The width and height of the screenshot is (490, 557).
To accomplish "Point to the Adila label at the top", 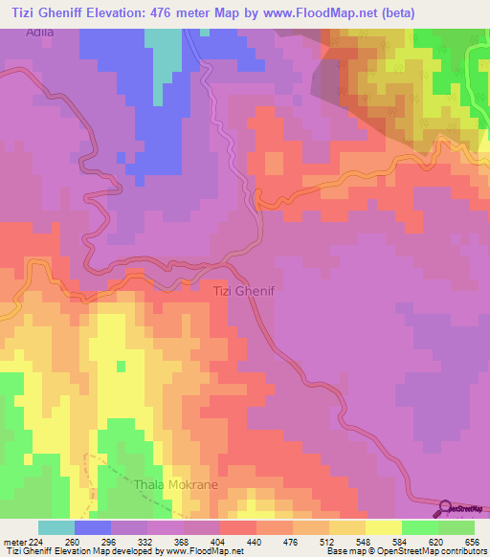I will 42,31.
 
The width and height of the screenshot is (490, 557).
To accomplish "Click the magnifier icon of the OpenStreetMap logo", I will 444,508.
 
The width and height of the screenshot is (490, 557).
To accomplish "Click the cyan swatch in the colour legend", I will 56,527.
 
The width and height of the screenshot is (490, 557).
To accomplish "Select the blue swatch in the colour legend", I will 93,527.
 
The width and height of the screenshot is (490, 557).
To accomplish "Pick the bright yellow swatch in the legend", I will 384,527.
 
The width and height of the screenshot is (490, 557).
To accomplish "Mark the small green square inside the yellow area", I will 120,366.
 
